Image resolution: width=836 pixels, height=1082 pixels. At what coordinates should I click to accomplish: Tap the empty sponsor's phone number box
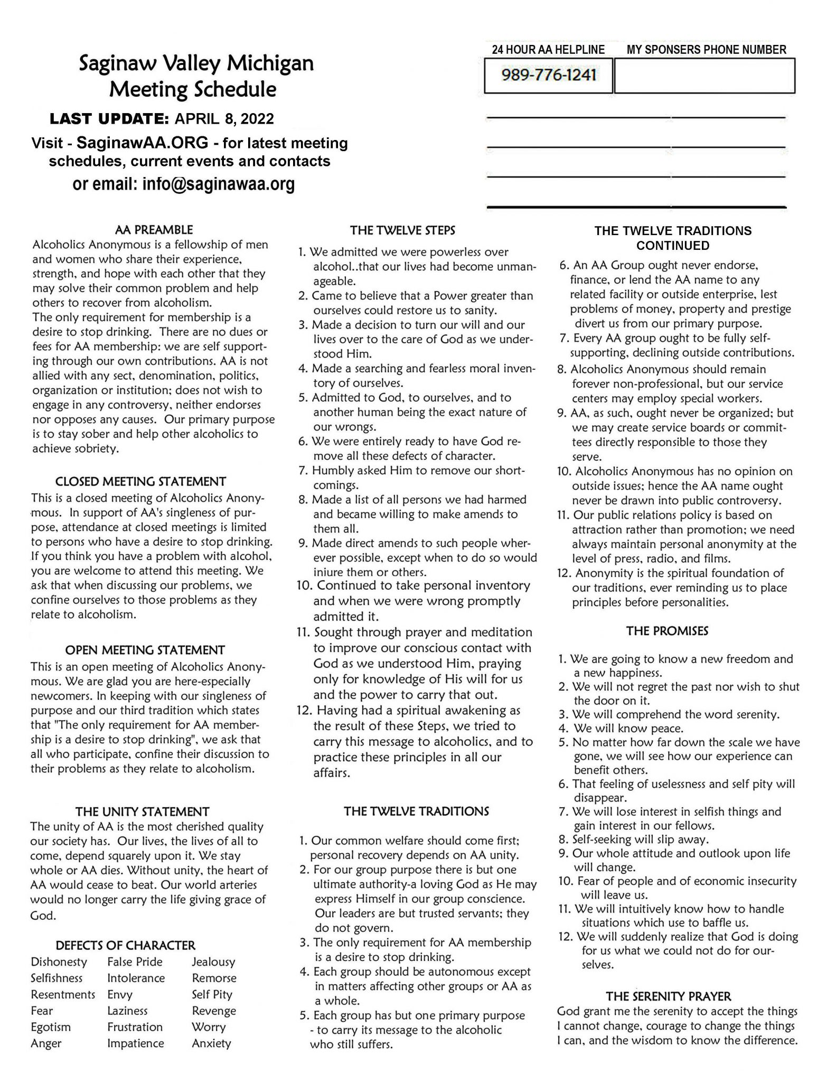pos(705,76)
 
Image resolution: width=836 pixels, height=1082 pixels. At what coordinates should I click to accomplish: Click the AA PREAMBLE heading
pos(154,230)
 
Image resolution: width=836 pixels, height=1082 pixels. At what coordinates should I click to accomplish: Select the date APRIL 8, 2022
pos(224,118)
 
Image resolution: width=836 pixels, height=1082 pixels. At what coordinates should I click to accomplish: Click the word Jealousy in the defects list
pos(213,962)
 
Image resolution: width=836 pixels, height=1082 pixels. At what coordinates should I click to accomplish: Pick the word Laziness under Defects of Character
pos(127,1011)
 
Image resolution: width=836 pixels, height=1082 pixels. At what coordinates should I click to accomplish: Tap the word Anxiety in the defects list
pos(211,1043)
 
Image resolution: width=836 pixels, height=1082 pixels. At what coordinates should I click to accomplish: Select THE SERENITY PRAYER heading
pos(668,996)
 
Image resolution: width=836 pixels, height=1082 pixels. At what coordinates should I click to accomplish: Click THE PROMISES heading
pos(667,631)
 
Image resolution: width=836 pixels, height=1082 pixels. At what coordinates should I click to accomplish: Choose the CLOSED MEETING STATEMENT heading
pos(140,481)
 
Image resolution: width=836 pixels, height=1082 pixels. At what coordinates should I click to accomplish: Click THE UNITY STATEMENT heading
pos(142,811)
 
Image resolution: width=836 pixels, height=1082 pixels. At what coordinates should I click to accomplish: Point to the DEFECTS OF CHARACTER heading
pos(126,945)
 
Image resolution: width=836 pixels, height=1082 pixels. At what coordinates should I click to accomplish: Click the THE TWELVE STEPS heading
pos(402,230)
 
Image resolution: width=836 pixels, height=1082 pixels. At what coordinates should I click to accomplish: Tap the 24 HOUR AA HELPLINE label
pos(548,50)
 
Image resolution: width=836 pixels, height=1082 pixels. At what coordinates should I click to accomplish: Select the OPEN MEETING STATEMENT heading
pos(145,650)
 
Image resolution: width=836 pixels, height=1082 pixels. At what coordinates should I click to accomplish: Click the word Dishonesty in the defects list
pos(59,962)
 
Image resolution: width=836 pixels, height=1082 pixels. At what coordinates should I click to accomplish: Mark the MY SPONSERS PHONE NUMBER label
pos(706,50)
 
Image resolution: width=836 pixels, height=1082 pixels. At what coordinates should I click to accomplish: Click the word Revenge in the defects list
pos(214,1011)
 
